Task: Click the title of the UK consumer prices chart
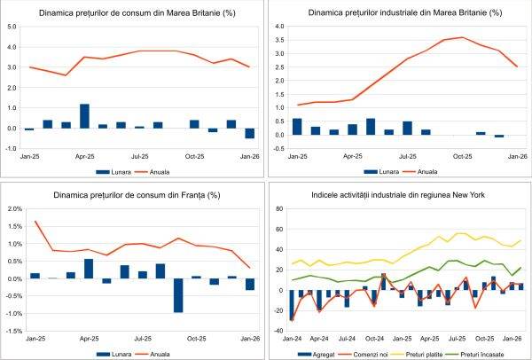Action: pyautogui.click(x=130, y=13)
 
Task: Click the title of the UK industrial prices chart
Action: pyautogui.click(x=397, y=13)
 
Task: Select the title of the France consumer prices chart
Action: pyautogui.click(x=132, y=194)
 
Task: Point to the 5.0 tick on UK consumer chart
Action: pyautogui.click(x=12, y=27)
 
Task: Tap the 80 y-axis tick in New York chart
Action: pyautogui.click(x=277, y=209)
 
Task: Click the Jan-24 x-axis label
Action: pyautogui.click(x=293, y=339)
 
